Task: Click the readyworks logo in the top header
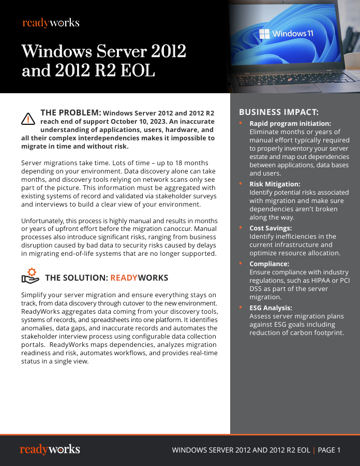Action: (x=51, y=23)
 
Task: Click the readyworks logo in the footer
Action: (x=50, y=449)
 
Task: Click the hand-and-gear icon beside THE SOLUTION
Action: (x=31, y=276)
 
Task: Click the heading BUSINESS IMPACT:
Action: (x=279, y=112)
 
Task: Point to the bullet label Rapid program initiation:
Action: (x=290, y=124)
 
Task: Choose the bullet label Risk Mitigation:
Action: (x=275, y=184)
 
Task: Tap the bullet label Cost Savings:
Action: (x=271, y=228)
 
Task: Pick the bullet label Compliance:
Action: (x=269, y=264)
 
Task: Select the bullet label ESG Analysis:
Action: (x=271, y=308)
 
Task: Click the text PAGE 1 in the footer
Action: (x=329, y=450)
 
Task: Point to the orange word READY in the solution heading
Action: (x=124, y=278)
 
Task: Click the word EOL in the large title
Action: (x=138, y=70)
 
